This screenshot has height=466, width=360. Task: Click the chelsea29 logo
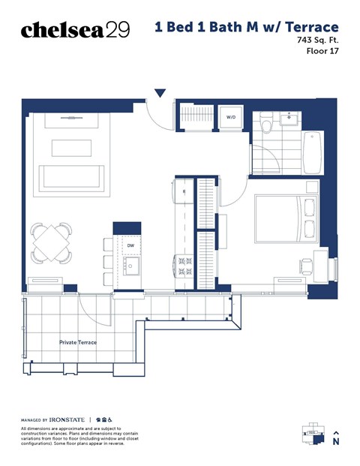(75, 29)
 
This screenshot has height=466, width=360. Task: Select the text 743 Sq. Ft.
(318, 41)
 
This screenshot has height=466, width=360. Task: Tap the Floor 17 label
(322, 52)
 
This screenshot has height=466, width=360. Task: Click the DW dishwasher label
(130, 245)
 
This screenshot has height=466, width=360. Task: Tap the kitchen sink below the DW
(131, 266)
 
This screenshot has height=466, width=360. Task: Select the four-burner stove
(185, 266)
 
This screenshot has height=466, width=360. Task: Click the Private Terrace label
(78, 342)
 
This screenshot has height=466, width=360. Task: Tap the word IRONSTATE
(67, 419)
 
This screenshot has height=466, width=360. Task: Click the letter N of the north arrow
(336, 442)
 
